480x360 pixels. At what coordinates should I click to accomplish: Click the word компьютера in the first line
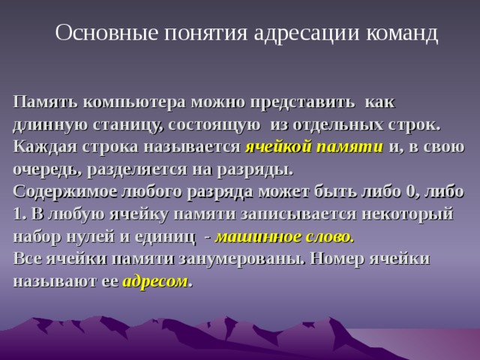tap(128, 101)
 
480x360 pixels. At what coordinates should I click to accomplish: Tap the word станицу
tap(121, 124)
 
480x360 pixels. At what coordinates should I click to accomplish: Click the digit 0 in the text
tap(411, 190)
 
